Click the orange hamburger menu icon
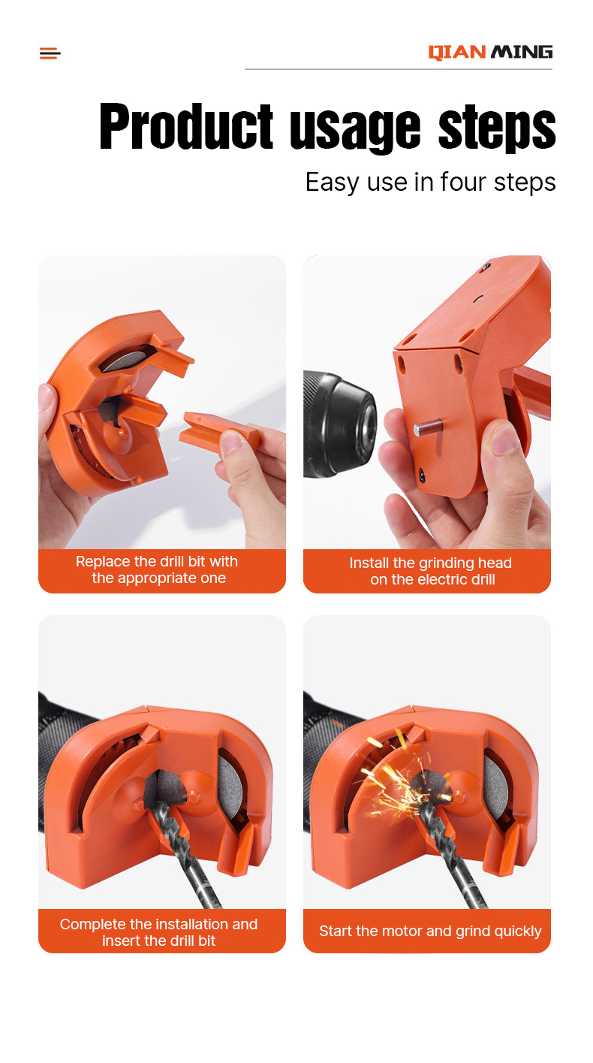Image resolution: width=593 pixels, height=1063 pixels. (50, 53)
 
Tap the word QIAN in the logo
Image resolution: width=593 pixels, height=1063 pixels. (457, 52)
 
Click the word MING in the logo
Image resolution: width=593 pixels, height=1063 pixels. (522, 52)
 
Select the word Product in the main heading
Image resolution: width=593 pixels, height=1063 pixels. (186, 126)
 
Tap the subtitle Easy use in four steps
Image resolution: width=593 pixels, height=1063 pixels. (430, 183)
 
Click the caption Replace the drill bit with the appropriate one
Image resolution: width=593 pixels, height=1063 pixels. (158, 569)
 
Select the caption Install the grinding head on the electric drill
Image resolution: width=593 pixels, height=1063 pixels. (431, 571)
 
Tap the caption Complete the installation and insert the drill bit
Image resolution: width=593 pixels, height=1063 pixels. (159, 932)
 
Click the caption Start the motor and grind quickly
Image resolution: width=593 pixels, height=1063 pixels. (430, 931)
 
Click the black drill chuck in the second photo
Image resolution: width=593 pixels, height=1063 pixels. (340, 424)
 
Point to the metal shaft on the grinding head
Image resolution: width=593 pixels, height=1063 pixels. (428, 427)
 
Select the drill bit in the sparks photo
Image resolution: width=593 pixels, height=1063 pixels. (450, 854)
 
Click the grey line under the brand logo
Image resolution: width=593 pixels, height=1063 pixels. (398, 69)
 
